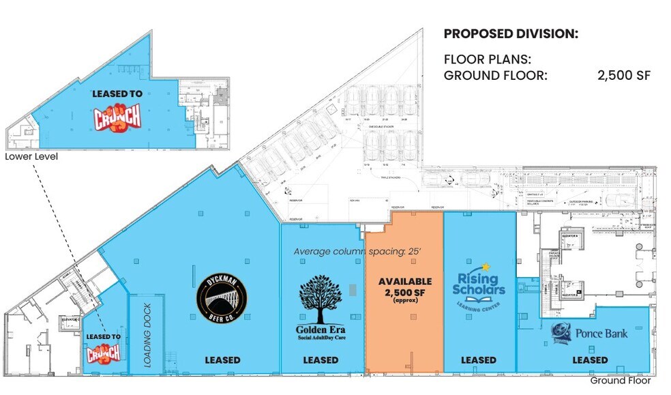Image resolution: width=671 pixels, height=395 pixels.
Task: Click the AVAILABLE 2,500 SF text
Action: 405,287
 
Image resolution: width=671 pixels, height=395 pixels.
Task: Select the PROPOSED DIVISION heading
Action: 511,33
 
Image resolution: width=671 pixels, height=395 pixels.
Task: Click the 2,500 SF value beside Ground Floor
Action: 623,75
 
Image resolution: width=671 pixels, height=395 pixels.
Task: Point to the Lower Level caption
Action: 31,157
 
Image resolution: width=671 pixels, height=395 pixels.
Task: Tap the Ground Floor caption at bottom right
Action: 620,381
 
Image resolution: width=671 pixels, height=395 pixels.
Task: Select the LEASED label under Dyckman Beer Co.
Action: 222,360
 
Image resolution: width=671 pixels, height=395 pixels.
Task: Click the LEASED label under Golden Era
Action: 320,360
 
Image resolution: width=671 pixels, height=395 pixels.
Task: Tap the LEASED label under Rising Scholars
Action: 478,360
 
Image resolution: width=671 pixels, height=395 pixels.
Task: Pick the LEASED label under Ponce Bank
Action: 590,360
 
